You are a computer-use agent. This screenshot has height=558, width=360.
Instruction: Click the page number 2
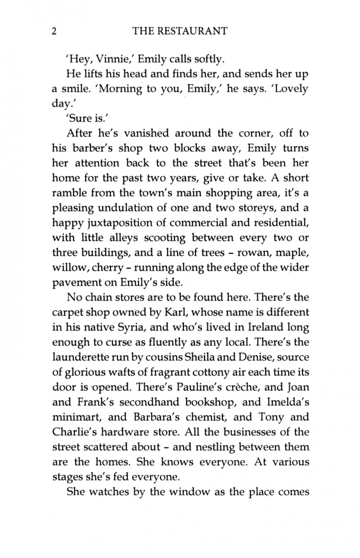pyautogui.click(x=54, y=32)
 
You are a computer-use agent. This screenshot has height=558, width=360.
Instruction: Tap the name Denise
pyautogui.click(x=251, y=358)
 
